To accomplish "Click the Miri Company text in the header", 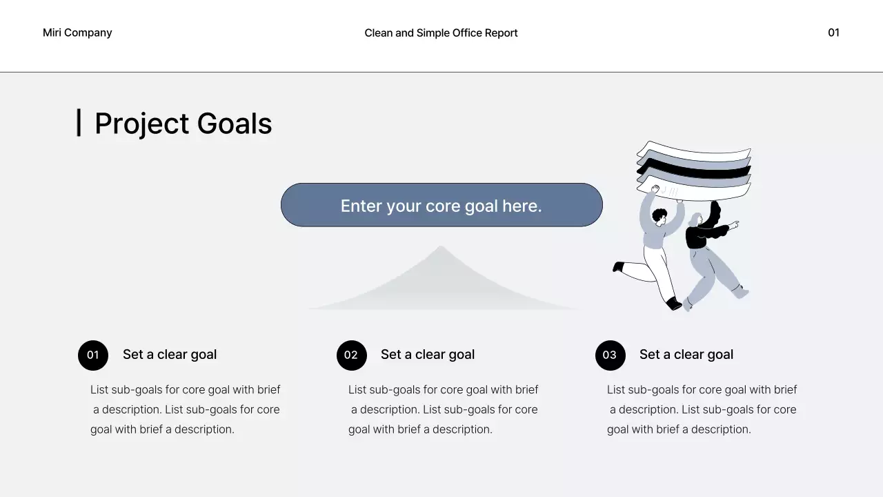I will (77, 32).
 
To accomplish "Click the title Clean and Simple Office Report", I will (441, 32).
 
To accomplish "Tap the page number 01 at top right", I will (833, 32).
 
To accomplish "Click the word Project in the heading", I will (141, 124).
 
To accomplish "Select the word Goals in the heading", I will (235, 124).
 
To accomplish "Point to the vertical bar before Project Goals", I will (79, 123).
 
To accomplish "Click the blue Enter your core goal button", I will (441, 205).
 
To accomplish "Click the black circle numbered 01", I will (93, 355).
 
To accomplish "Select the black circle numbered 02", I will (351, 355).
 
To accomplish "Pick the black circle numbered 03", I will (610, 355).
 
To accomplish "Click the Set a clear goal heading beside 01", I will (170, 354).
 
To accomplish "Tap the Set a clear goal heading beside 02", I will (428, 354).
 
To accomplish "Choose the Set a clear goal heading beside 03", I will (686, 354).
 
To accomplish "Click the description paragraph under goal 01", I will (185, 409).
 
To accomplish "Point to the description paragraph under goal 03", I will (702, 409).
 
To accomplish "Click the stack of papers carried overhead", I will (693, 168).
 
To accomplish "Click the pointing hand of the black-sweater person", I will (734, 224).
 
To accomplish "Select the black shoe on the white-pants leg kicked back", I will (618, 266).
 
